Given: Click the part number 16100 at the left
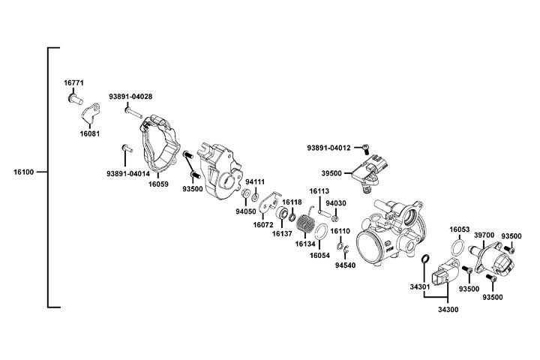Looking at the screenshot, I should click(25, 172).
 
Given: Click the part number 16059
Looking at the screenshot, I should click(158, 182).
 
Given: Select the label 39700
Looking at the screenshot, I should click(484, 235).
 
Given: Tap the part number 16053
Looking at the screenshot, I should click(460, 229).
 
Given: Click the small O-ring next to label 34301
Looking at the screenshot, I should click(425, 260).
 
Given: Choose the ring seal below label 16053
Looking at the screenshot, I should click(457, 248).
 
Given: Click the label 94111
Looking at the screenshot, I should click(256, 182).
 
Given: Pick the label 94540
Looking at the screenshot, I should click(345, 265).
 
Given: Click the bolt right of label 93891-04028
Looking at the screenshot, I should click(133, 111).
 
